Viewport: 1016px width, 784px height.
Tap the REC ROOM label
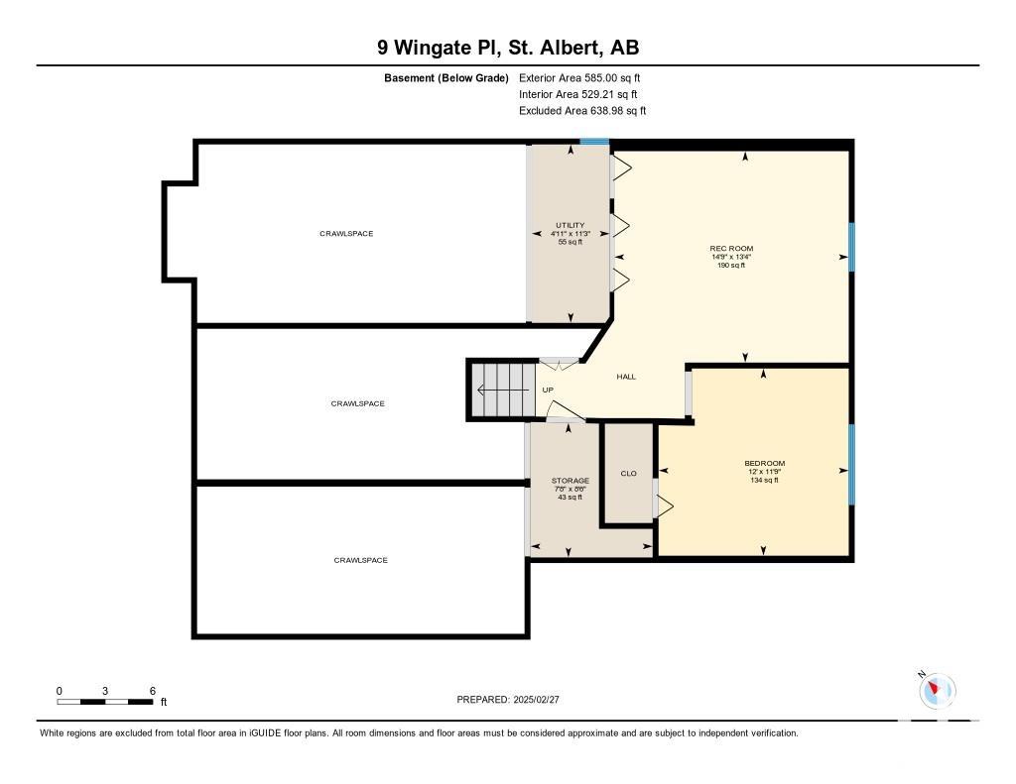point(731,249)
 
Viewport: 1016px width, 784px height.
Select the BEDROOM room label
point(765,464)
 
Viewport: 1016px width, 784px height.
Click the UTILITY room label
point(571,225)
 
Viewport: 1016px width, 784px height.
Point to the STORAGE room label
point(571,481)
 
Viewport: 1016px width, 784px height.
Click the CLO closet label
point(628,474)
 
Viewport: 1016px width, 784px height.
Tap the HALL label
point(626,377)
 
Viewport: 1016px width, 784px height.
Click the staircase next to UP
point(503,390)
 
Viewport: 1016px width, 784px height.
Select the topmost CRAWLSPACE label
point(346,234)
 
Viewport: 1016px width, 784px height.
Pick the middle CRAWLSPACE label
point(357,404)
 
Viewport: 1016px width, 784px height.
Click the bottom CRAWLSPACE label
point(361,561)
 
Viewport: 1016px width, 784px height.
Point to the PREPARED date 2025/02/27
point(508,700)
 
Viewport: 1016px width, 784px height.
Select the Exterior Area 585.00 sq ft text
point(579,78)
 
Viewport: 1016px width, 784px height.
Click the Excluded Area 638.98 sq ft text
point(582,111)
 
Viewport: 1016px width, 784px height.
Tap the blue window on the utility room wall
point(594,142)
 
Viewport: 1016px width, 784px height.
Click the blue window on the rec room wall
point(851,247)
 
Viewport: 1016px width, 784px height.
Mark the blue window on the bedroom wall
point(851,464)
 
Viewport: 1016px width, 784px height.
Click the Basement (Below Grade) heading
point(446,78)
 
